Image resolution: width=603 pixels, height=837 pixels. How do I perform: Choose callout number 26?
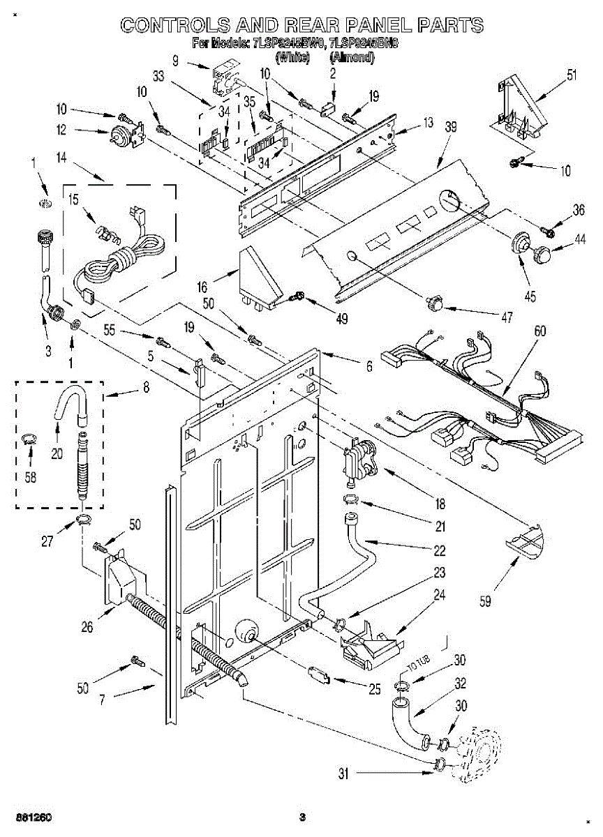(x=87, y=626)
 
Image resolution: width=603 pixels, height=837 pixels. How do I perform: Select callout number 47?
(x=505, y=317)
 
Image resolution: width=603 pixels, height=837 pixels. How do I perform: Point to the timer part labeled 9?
(x=226, y=77)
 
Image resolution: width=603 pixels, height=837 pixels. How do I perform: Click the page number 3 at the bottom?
(x=301, y=817)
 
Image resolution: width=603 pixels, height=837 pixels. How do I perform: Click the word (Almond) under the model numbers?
(x=352, y=57)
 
